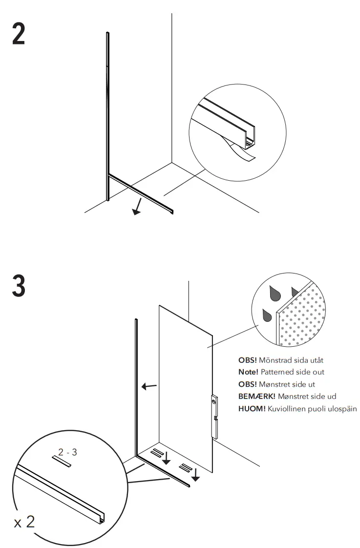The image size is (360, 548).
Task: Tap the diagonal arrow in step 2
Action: (x=138, y=207)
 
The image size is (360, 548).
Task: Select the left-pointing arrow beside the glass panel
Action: (x=149, y=387)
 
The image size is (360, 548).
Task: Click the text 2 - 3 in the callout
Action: (x=67, y=452)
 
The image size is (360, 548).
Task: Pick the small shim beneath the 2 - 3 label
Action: (x=62, y=461)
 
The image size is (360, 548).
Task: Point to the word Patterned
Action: (x=281, y=372)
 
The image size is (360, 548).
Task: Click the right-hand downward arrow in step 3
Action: (x=195, y=474)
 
